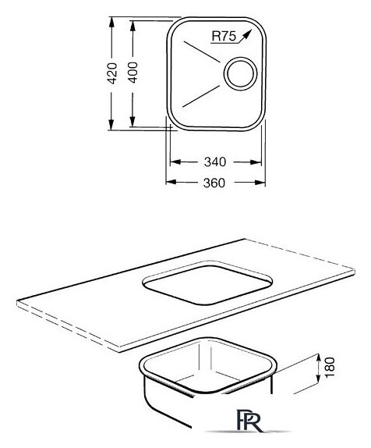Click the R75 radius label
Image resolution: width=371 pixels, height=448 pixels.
tap(224, 36)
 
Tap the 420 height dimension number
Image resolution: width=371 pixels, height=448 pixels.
tap(112, 73)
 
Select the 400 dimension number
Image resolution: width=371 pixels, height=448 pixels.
tap(132, 73)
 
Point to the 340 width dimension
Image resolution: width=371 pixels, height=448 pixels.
tap(215, 162)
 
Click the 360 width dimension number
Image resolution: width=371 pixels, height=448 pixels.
tap(214, 183)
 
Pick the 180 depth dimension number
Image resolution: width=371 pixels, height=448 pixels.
tap(330, 368)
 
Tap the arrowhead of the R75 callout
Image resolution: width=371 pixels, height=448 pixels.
tap(247, 34)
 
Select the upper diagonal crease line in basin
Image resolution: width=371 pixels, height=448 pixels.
tap(202, 52)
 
